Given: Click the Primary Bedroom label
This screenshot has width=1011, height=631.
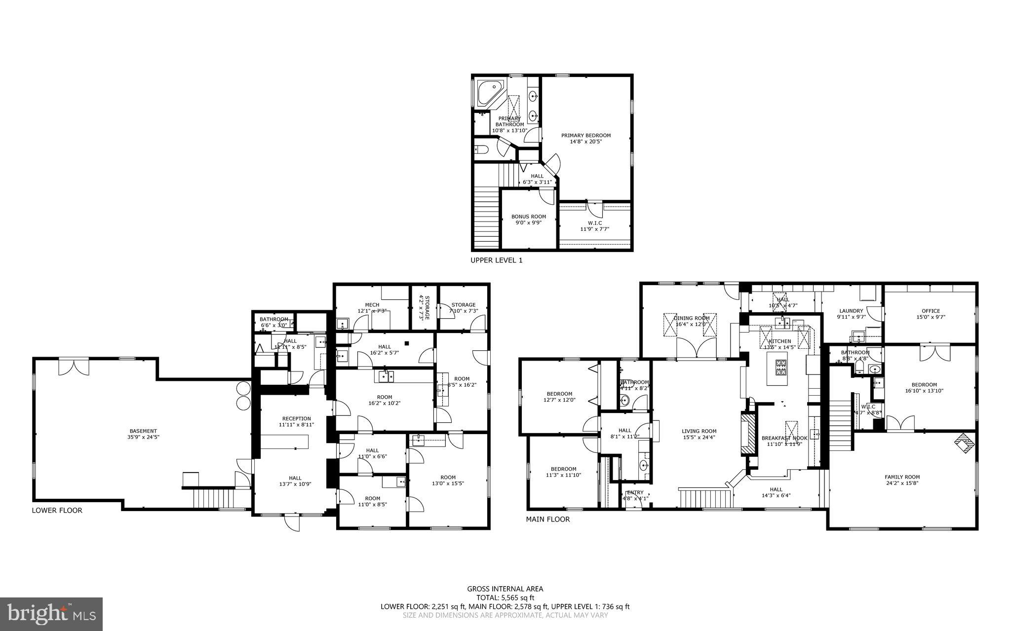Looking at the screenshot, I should [x=586, y=138].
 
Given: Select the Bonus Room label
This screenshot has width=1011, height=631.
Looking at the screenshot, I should [x=529, y=220].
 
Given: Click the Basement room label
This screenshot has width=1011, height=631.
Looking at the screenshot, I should [x=143, y=434].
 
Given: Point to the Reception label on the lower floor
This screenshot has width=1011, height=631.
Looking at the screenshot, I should [x=296, y=421].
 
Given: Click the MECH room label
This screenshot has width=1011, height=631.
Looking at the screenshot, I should [x=372, y=308].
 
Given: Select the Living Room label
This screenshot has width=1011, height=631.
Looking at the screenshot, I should [x=699, y=434].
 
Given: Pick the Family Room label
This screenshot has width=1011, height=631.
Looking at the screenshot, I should [x=902, y=480].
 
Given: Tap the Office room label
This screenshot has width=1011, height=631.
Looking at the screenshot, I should [x=930, y=314].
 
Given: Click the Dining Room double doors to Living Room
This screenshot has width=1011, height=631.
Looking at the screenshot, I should [x=697, y=349].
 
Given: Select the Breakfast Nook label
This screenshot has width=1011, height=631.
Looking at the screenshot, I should [x=784, y=441].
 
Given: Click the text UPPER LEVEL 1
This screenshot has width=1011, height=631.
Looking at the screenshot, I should [x=496, y=260].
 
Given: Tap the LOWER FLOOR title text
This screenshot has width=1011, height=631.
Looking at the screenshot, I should [x=57, y=510].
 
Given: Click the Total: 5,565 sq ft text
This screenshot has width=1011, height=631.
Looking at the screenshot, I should [x=505, y=597].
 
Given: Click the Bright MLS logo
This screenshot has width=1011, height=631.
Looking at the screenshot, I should [x=51, y=614].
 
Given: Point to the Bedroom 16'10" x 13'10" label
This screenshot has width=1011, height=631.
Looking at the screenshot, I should [x=924, y=388].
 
